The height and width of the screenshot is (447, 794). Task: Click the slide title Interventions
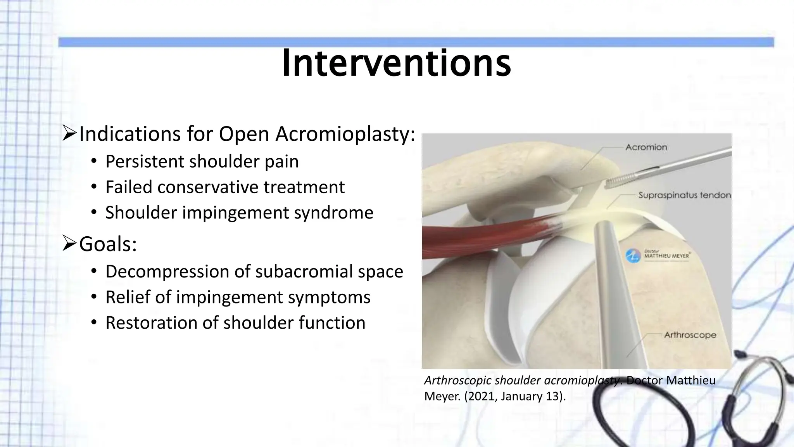[396, 63]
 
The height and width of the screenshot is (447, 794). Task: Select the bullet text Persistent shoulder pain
[202, 161]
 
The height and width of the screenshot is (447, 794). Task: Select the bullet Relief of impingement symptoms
[238, 297]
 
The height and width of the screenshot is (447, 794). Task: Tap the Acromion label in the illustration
[646, 147]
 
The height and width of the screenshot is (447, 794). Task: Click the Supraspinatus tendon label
[684, 195]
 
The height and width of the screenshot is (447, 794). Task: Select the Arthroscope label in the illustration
[690, 335]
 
